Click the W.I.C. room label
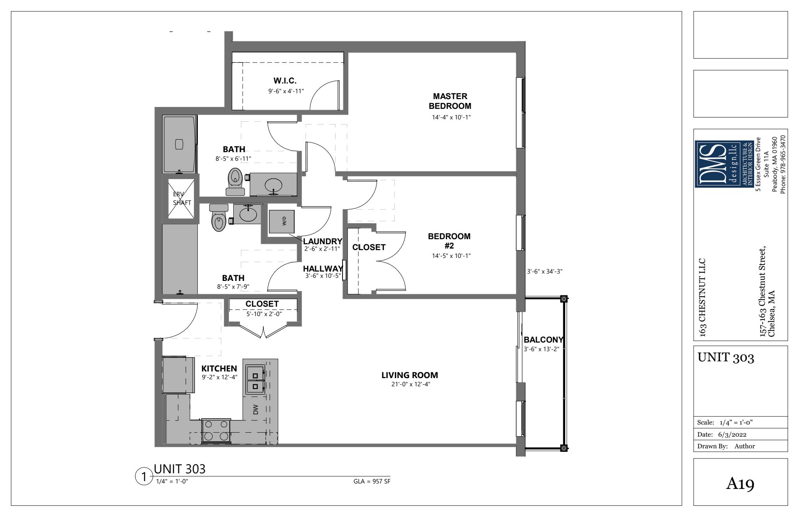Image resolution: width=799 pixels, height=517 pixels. coord(285,81)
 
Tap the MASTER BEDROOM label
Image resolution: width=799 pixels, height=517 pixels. coord(450,101)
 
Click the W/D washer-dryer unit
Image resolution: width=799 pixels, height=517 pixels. coord(282,222)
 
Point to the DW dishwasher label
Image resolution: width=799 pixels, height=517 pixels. coord(256,409)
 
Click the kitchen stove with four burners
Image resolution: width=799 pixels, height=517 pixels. coord(215,431)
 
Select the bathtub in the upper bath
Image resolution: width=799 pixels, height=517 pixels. coord(179,144)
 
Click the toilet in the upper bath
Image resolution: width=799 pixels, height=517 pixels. coord(235,182)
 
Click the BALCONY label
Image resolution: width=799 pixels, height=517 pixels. coord(543,340)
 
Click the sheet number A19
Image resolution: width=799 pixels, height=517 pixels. coord(740,484)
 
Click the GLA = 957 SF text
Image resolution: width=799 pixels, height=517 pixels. coord(372,481)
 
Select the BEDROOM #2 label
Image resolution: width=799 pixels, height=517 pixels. coord(449,241)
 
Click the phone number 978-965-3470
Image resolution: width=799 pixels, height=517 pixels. coord(783,164)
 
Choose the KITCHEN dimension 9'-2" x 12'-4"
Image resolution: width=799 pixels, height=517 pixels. coord(220,377)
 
